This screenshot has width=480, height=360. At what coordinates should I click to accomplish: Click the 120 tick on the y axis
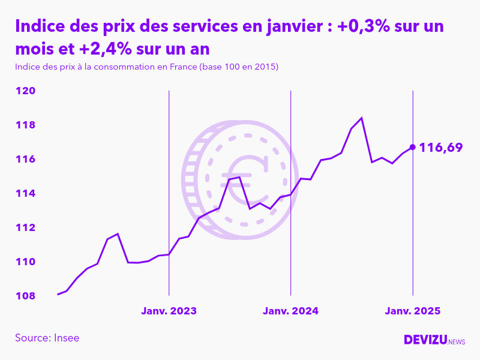coord(25,91)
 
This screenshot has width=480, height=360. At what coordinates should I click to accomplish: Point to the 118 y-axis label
coord(25,125)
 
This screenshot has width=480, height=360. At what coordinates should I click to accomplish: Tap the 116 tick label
coord(25,160)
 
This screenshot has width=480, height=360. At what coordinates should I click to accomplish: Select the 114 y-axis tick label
coord(25,194)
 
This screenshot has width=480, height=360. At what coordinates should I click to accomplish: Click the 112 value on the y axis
coord(25,228)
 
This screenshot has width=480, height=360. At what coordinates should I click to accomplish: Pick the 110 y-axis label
coord(25,262)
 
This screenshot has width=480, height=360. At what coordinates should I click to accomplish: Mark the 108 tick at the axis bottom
coord(25,296)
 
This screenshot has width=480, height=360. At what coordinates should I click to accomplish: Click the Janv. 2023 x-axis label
coord(169,311)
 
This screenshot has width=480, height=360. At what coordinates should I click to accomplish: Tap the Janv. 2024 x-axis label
coord(290,311)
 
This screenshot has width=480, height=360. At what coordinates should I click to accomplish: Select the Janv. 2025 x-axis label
coord(412,311)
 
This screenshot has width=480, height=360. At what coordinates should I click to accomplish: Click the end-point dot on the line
coord(412,146)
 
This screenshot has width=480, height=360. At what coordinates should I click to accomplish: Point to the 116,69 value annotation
coord(441,147)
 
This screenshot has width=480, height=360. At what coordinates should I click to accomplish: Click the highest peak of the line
coord(361,118)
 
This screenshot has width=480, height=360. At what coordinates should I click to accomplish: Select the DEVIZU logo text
coord(425,340)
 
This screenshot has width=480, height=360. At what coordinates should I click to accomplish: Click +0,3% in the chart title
coord(360,27)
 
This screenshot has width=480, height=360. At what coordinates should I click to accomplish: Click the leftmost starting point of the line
coord(58,294)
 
